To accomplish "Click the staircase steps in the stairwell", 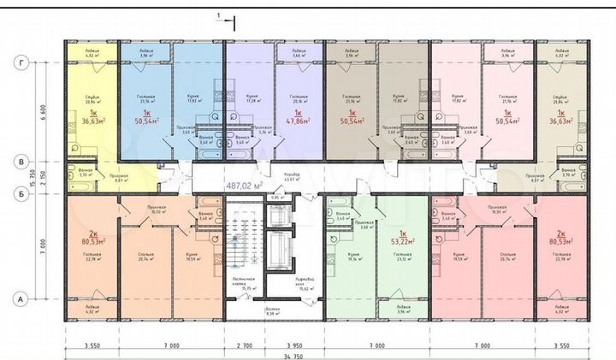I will pos(242,244).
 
